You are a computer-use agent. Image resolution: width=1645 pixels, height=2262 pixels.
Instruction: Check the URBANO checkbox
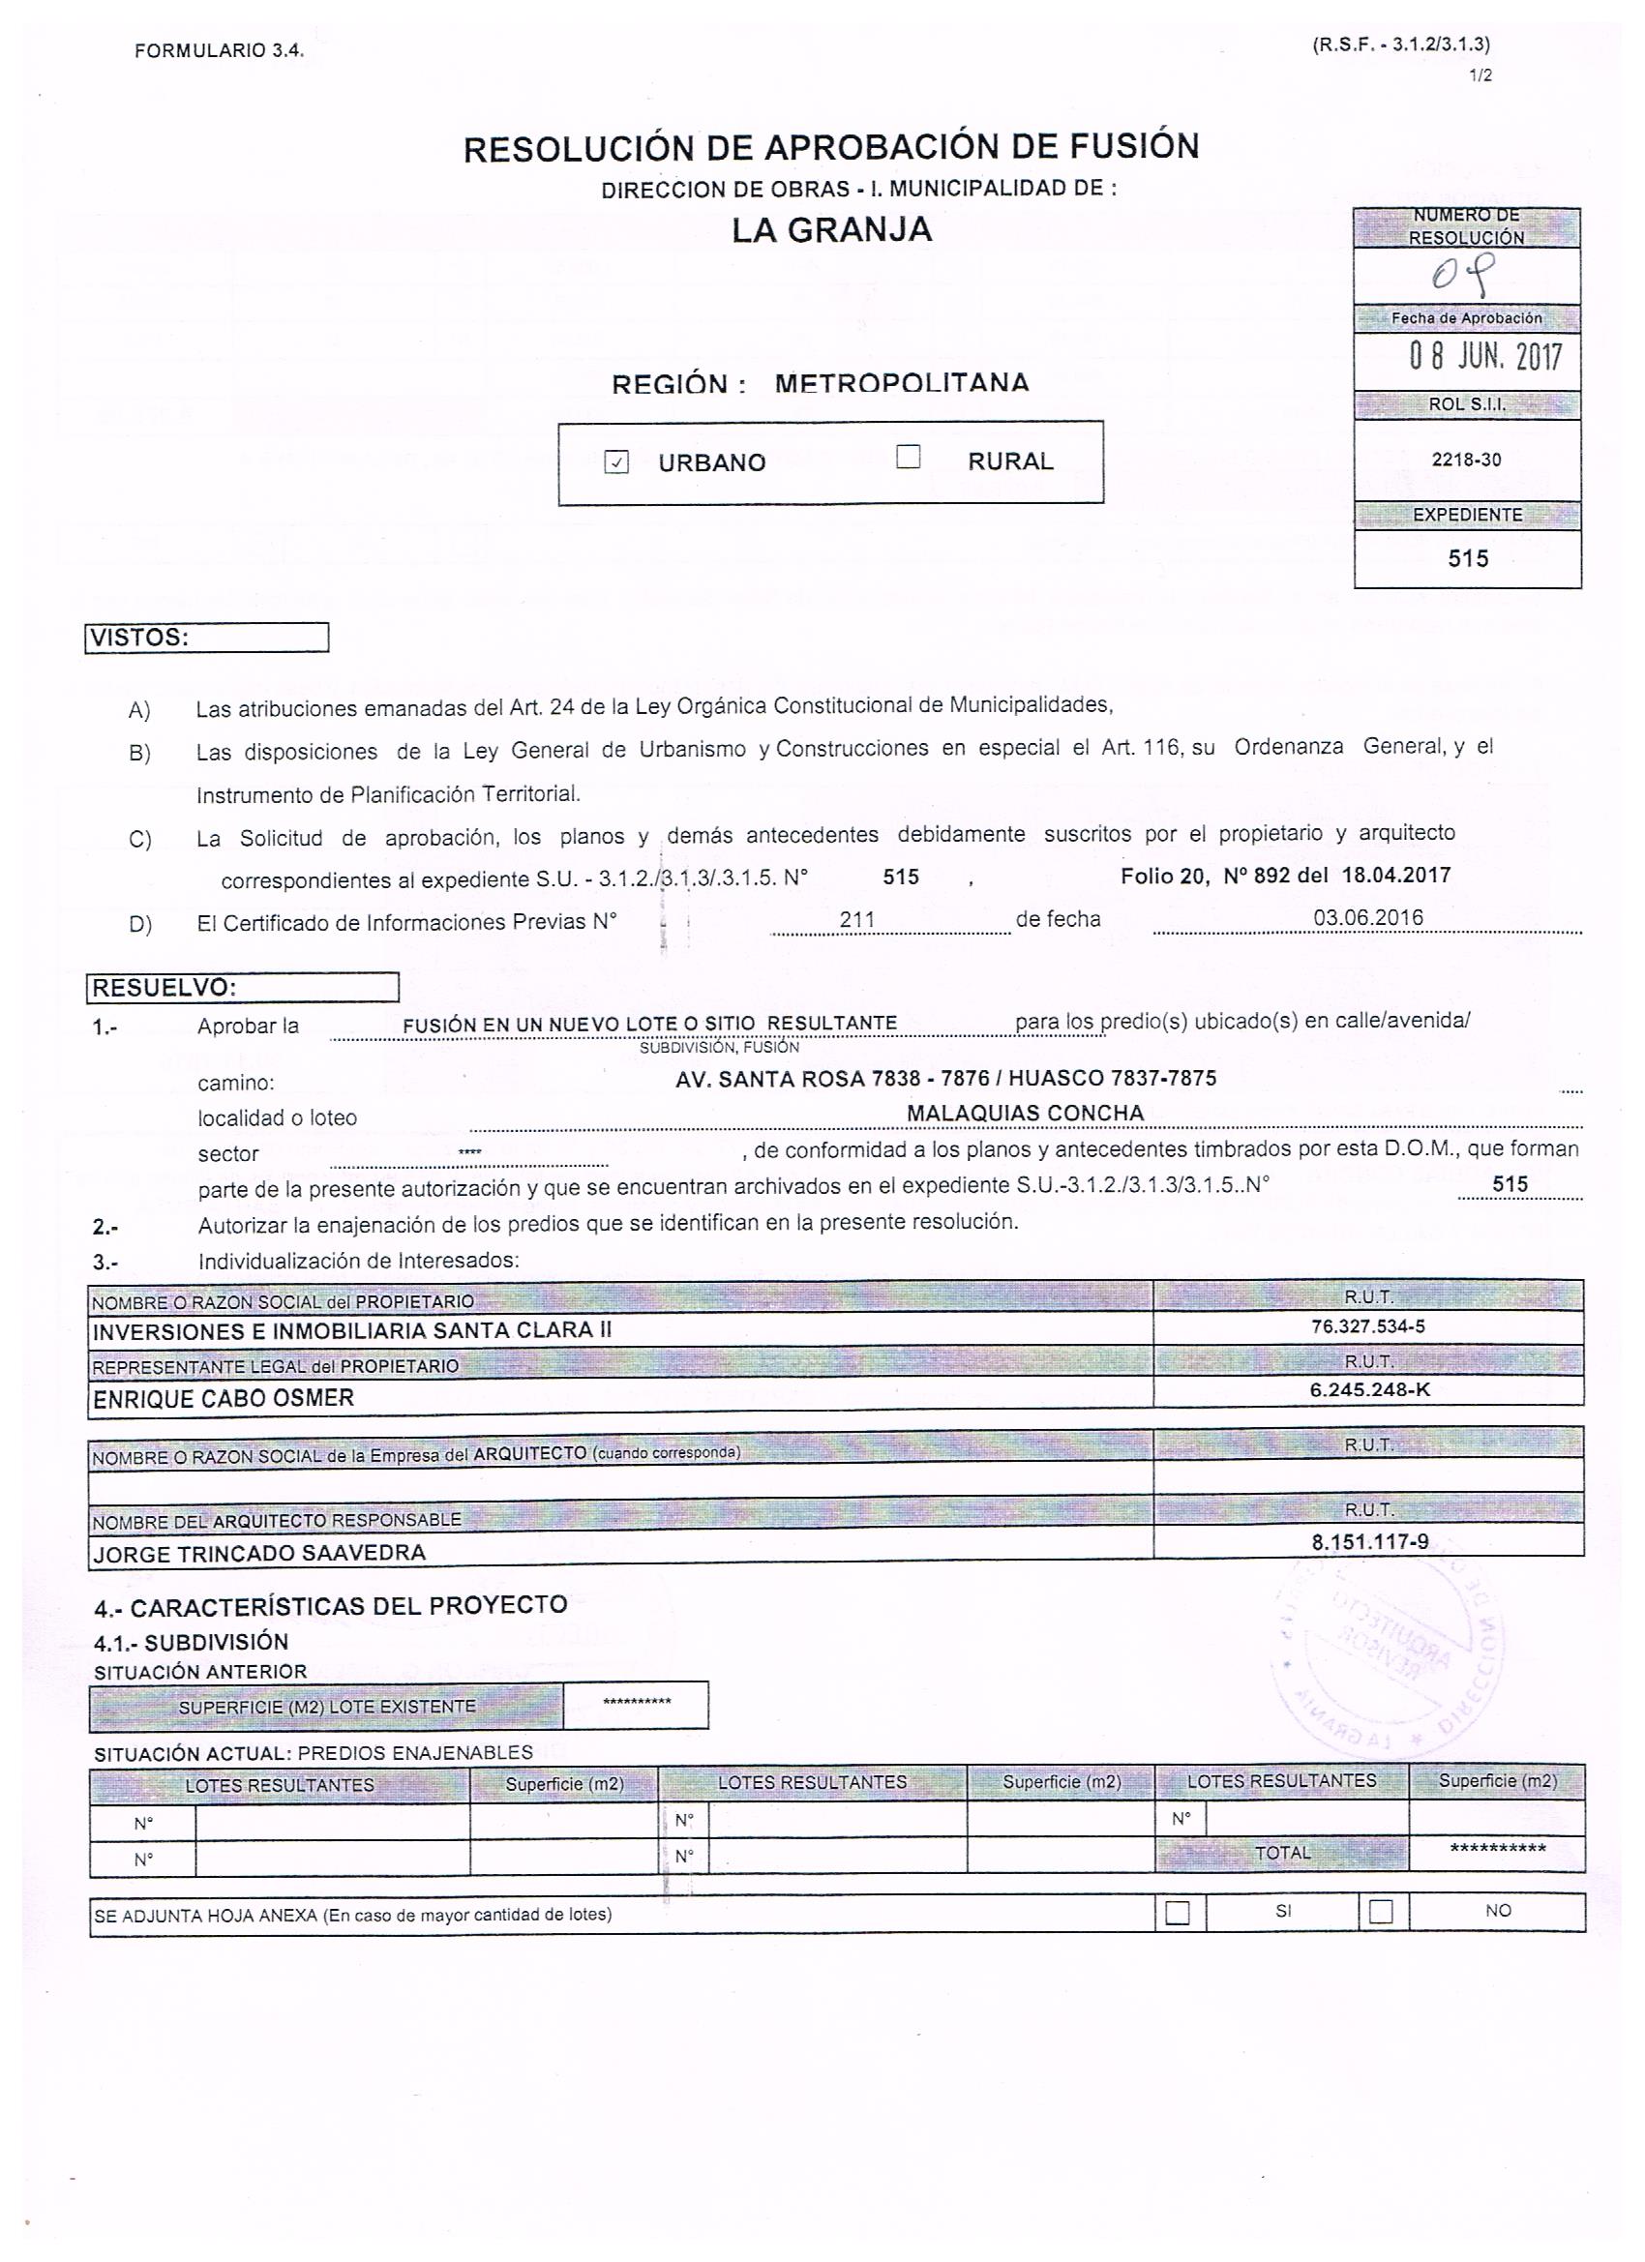pos(616,462)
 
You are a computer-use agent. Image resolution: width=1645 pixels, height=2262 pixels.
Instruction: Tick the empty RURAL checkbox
pos(908,458)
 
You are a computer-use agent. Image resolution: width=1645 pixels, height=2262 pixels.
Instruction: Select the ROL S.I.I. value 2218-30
pos(1465,460)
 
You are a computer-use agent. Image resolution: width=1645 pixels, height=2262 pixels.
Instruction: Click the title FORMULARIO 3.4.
pos(219,50)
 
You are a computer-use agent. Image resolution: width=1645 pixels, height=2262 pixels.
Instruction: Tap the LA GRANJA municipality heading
pos(831,230)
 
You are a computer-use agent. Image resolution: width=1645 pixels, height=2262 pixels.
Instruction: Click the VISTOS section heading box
pos(207,638)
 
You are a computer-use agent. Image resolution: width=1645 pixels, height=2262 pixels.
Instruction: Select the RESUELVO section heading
pos(243,988)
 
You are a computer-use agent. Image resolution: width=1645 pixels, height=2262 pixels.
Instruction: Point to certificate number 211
pos(857,918)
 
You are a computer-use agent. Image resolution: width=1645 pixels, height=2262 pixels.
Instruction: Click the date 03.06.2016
pos(1367,917)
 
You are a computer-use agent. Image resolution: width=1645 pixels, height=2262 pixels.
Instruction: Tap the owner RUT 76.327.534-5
pos(1367,1326)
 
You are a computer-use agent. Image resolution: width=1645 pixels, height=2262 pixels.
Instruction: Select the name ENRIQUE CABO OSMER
pos(224,1398)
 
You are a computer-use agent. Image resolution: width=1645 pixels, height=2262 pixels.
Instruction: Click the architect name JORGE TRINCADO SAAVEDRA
pos(258,1553)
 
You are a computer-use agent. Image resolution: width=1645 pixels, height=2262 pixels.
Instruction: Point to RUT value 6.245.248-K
pos(1369,1389)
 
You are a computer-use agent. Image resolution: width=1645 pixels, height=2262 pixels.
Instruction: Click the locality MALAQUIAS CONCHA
pos(1025,1113)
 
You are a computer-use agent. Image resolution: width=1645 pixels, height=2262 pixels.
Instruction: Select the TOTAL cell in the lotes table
pos(1282,1853)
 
